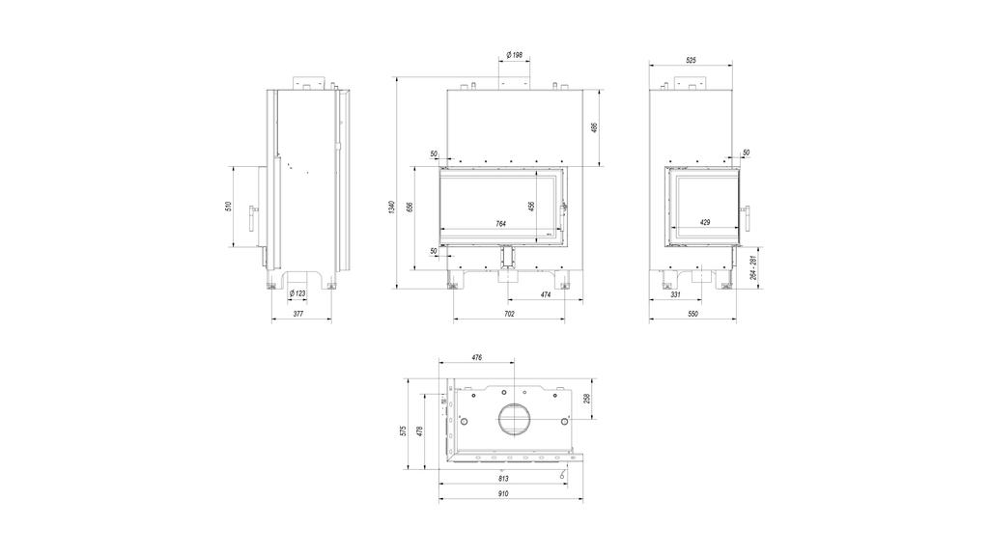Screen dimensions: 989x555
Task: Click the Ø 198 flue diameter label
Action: (x=514, y=55)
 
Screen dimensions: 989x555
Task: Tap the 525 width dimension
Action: (x=691, y=60)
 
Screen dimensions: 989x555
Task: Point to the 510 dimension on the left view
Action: (x=228, y=207)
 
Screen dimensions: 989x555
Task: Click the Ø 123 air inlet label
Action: (x=297, y=293)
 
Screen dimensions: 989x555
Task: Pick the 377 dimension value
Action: (x=299, y=314)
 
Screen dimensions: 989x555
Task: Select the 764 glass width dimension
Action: (x=501, y=223)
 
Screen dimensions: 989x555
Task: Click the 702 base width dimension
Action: (x=510, y=314)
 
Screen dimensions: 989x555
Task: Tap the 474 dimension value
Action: (x=546, y=293)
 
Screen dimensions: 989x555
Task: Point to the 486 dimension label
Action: (x=594, y=128)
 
